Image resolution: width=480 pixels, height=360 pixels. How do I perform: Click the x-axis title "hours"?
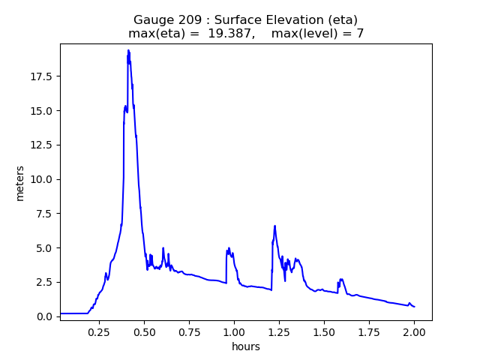[245, 346]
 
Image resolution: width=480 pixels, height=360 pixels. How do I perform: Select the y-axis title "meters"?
[20, 183]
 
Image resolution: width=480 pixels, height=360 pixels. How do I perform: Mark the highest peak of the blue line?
[128, 50]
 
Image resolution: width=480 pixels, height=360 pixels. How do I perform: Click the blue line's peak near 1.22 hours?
[274, 226]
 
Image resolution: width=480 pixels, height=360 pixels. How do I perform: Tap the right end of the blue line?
[414, 307]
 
